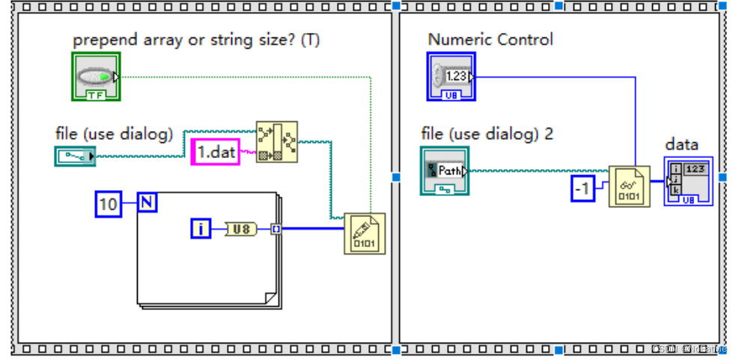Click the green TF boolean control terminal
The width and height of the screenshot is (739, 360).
(95, 76)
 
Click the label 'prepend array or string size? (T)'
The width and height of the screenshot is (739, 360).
(196, 40)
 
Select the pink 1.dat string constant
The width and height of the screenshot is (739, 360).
(215, 152)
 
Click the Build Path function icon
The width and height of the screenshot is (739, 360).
(276, 141)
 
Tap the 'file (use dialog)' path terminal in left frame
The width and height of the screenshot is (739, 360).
(75, 156)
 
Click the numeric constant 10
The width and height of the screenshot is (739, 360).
(109, 204)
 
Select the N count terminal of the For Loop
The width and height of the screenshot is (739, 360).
(147, 202)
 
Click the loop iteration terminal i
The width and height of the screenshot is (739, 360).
(200, 228)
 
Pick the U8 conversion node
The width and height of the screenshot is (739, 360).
(240, 228)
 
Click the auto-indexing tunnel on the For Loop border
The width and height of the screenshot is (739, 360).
(276, 228)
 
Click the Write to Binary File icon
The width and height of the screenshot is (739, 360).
(364, 234)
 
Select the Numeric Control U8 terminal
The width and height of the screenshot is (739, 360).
(451, 76)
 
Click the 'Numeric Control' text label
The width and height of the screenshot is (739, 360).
(490, 40)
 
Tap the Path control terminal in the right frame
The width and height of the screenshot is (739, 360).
(445, 171)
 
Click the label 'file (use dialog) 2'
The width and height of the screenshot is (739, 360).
(487, 134)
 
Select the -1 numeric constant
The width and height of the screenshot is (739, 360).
(583, 189)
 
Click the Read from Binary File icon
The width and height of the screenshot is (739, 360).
(629, 186)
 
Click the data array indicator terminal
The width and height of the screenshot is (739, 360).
(688, 181)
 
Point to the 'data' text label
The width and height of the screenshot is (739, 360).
(681, 144)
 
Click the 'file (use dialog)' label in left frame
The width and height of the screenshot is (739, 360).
(115, 134)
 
